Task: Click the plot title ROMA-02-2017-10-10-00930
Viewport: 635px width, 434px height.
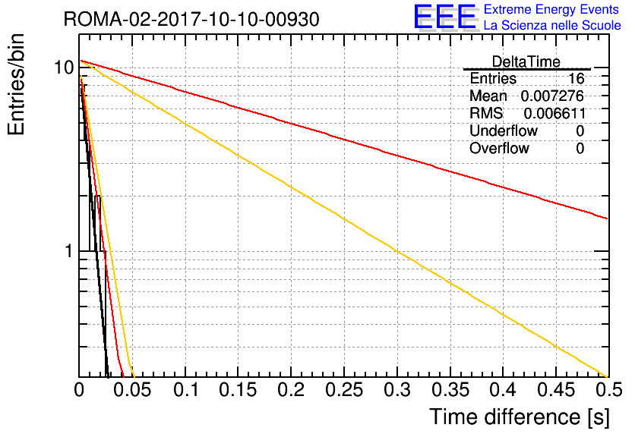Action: [x=191, y=20]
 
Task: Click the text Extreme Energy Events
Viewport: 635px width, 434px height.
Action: [x=551, y=9]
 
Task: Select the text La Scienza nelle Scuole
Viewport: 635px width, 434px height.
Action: [x=552, y=26]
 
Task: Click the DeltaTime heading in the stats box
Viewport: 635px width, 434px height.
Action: [x=526, y=61]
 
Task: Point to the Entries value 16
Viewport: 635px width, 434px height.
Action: [x=576, y=78]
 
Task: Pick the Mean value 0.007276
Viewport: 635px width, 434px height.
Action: [x=552, y=96]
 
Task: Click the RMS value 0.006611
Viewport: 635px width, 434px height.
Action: [x=554, y=113]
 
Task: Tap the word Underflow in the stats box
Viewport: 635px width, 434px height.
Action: [x=504, y=131]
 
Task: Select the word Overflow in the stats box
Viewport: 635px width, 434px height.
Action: [x=499, y=148]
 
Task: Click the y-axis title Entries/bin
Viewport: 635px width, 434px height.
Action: [x=16, y=84]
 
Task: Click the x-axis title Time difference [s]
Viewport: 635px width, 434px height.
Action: [x=520, y=417]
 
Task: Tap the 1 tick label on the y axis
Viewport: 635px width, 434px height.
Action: [x=69, y=251]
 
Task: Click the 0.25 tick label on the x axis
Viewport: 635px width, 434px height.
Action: [x=344, y=390]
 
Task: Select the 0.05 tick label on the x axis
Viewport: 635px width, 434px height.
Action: [x=132, y=390]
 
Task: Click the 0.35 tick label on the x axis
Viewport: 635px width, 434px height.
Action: [x=450, y=390]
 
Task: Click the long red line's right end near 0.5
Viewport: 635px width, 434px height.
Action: [x=608, y=219]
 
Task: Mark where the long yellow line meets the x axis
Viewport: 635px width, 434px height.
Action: [x=607, y=376]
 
